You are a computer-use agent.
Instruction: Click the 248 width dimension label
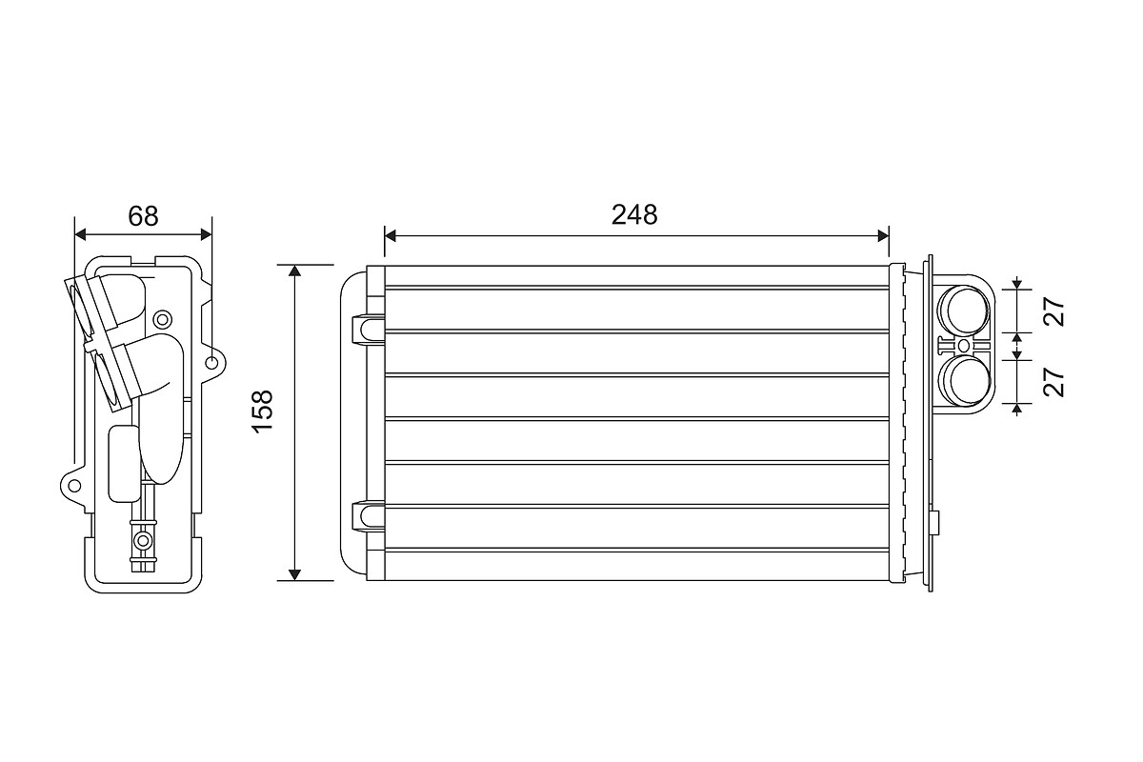(x=634, y=215)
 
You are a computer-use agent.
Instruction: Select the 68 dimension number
(x=144, y=216)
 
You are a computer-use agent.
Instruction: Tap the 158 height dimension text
(x=263, y=411)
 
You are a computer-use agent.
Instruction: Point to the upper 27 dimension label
(x=1053, y=311)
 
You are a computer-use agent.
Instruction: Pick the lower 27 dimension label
(x=1053, y=382)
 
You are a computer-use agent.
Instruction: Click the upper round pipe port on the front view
(x=964, y=310)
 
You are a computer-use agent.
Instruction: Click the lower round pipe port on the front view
(x=964, y=381)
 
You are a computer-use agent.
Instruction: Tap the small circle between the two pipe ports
(x=963, y=346)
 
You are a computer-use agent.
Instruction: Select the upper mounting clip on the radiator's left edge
(x=368, y=328)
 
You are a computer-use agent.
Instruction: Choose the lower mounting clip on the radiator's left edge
(x=368, y=515)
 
